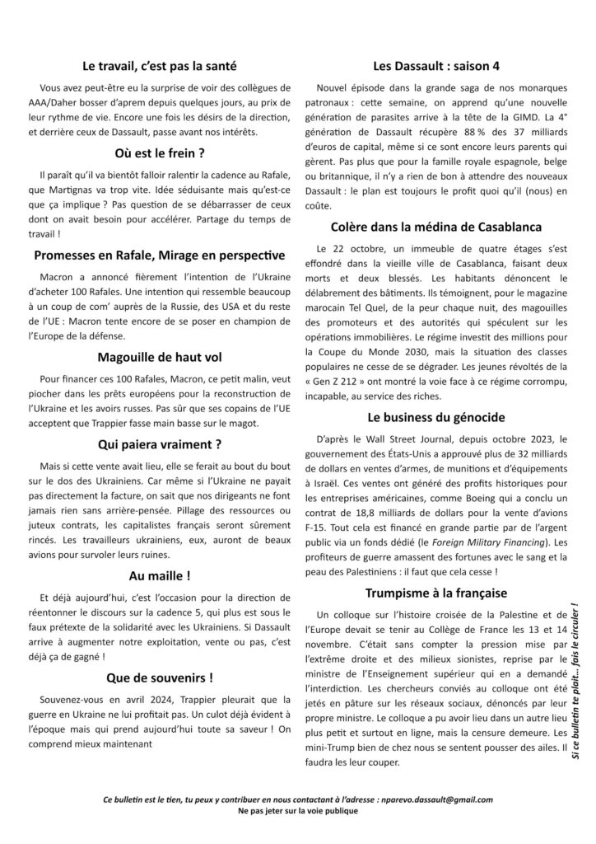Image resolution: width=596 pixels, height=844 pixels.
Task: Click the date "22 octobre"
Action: click(x=362, y=248)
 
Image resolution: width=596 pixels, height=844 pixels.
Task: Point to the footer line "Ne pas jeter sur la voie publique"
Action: click(x=298, y=812)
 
